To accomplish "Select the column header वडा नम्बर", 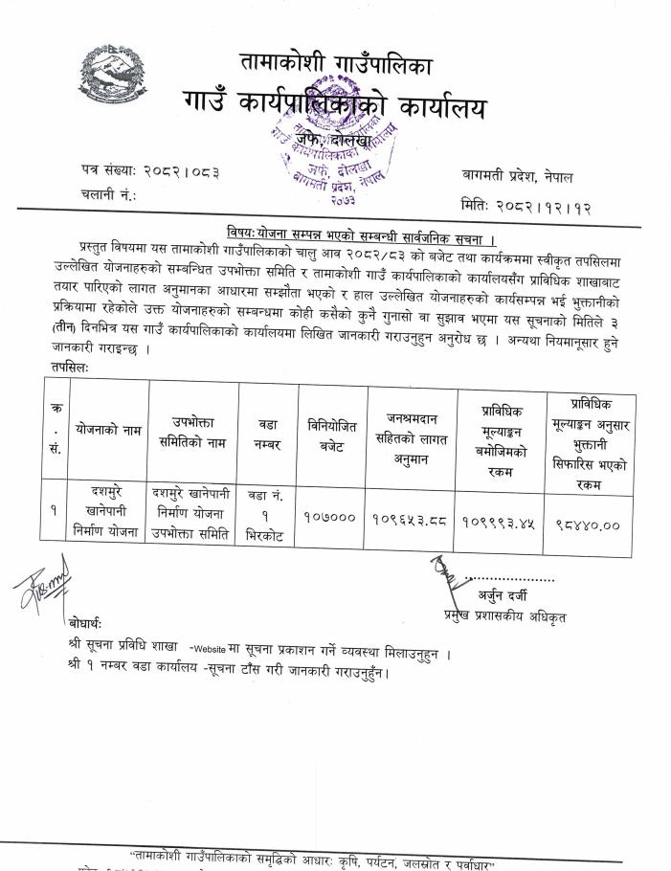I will point(268,433).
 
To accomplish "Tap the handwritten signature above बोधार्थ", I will point(41,585).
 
